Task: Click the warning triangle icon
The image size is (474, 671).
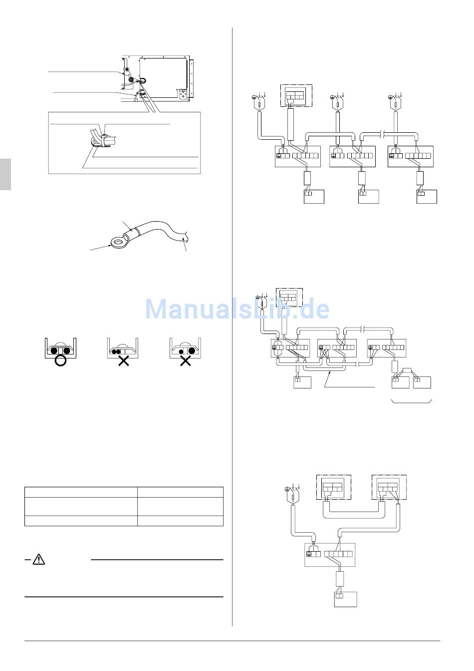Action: (x=38, y=560)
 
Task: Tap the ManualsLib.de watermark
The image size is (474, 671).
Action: (x=237, y=309)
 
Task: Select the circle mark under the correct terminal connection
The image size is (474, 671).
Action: (x=60, y=361)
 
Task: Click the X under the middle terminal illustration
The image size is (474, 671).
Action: (x=123, y=361)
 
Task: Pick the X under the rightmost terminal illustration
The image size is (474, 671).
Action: (x=185, y=361)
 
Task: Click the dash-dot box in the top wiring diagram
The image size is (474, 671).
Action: (x=296, y=95)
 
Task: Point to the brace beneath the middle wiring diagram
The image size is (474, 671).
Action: (x=412, y=401)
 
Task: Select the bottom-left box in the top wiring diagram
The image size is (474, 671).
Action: (x=314, y=196)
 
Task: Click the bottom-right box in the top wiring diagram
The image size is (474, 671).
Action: (x=427, y=196)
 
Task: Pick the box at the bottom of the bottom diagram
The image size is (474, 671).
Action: (x=345, y=599)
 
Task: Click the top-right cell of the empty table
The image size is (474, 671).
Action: (x=180, y=491)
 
